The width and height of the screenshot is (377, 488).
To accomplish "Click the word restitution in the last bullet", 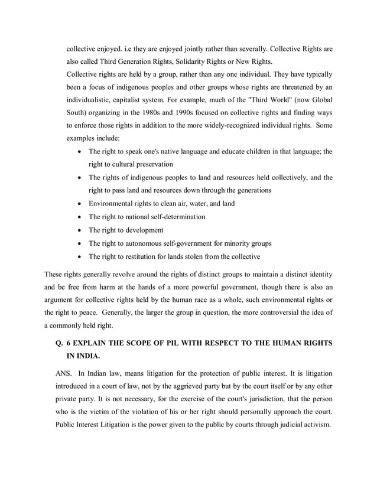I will pos(139,257).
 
